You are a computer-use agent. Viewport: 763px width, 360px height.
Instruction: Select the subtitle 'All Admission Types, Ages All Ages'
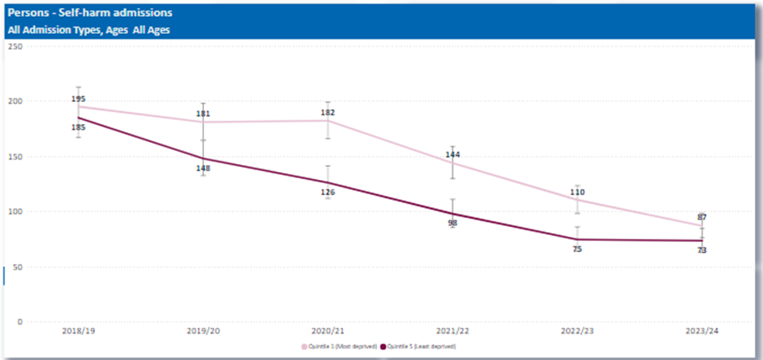click(x=89, y=30)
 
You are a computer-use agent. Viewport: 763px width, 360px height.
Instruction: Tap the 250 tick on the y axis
click(x=14, y=45)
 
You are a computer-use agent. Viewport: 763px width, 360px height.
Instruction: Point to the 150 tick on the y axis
click(x=14, y=156)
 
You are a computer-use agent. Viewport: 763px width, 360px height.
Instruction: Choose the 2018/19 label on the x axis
click(x=78, y=330)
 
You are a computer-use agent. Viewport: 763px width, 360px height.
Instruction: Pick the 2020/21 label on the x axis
click(x=327, y=330)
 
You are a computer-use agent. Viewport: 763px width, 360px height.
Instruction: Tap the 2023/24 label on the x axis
click(x=701, y=330)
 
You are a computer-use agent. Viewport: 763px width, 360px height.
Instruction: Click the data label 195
click(x=79, y=98)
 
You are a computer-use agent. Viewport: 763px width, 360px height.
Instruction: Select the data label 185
click(x=79, y=128)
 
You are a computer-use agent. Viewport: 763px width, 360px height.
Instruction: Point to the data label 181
click(x=203, y=113)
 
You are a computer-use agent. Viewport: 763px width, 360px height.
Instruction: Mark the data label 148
click(x=203, y=168)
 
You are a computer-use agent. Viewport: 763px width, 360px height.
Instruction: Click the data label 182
click(x=328, y=113)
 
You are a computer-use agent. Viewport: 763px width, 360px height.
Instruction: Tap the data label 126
click(x=328, y=192)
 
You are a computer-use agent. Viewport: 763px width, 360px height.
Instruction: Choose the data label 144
click(x=452, y=155)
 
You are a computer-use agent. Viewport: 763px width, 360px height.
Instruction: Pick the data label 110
click(x=577, y=192)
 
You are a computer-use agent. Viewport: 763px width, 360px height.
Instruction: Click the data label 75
click(x=577, y=249)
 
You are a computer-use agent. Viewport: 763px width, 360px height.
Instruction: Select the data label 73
click(x=701, y=250)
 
